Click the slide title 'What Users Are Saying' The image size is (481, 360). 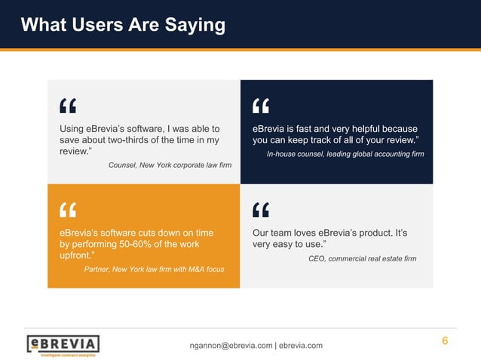[123, 25]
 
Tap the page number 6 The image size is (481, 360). [445, 341]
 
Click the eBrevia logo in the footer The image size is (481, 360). [63, 345]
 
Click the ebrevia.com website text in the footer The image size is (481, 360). [301, 346]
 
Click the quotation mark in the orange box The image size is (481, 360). [68, 209]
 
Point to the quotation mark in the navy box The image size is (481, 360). [261, 105]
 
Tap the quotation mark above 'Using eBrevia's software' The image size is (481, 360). [68, 105]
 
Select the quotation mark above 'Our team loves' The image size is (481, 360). [261, 209]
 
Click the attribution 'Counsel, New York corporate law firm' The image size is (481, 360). [170, 165]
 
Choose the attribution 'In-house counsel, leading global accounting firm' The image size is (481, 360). [345, 154]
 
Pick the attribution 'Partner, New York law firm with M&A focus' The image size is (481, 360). [153, 269]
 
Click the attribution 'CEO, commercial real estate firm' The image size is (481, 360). [362, 258]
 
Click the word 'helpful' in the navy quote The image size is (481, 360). [365, 129]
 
